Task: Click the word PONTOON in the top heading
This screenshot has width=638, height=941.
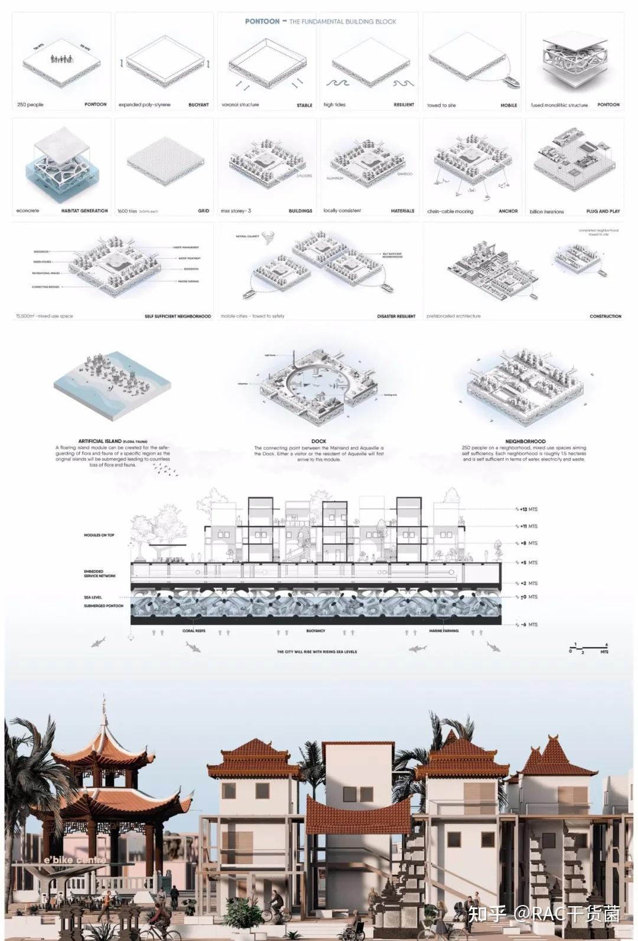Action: (262, 21)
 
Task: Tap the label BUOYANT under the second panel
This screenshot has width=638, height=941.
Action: (198, 105)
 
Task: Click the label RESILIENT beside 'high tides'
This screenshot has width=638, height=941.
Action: (404, 105)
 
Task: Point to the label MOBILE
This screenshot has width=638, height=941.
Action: (509, 105)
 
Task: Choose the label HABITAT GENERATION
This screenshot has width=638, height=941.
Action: (84, 211)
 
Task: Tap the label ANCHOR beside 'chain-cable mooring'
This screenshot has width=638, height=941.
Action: (508, 211)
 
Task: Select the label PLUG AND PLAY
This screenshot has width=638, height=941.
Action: (603, 211)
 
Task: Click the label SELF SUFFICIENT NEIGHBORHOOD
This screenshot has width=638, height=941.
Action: (178, 316)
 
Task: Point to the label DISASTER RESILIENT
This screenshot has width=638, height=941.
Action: (396, 316)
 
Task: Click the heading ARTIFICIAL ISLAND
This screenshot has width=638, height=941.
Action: (100, 441)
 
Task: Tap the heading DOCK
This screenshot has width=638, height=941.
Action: (318, 441)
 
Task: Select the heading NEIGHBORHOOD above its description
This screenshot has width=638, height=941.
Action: (525, 441)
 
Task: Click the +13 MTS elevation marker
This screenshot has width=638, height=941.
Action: (528, 509)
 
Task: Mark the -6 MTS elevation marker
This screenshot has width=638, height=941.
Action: (528, 624)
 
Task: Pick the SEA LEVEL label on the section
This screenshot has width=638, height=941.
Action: (93, 597)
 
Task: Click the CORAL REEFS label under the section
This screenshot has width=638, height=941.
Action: (194, 631)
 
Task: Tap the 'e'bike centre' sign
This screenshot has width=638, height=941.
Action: (75, 860)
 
